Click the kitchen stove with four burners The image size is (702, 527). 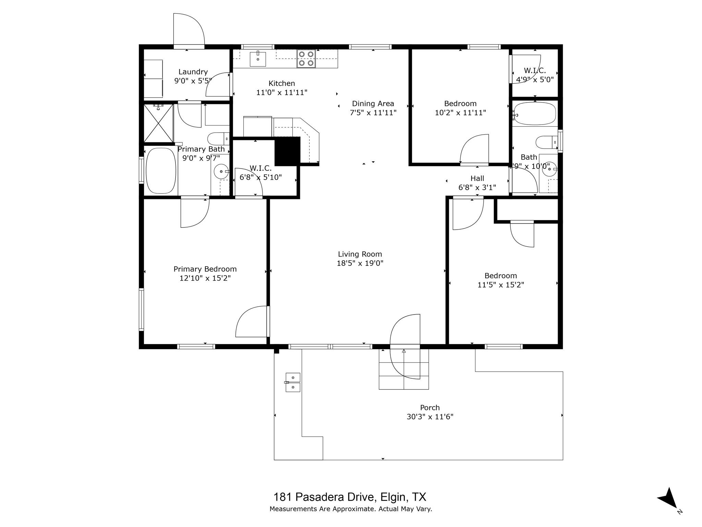click(306, 59)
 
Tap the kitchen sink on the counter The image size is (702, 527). click(258, 59)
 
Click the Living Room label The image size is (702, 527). click(360, 254)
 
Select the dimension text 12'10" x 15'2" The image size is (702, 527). click(205, 278)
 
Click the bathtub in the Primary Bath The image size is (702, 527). click(161, 171)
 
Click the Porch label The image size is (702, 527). click(430, 408)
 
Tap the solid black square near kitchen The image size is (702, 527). click(288, 151)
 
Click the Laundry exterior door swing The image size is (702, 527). click(189, 29)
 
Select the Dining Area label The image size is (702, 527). click(373, 104)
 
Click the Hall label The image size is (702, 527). click(477, 178)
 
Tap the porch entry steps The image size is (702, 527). click(403, 369)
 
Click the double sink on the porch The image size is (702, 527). click(293, 382)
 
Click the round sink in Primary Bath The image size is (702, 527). click(221, 171)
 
